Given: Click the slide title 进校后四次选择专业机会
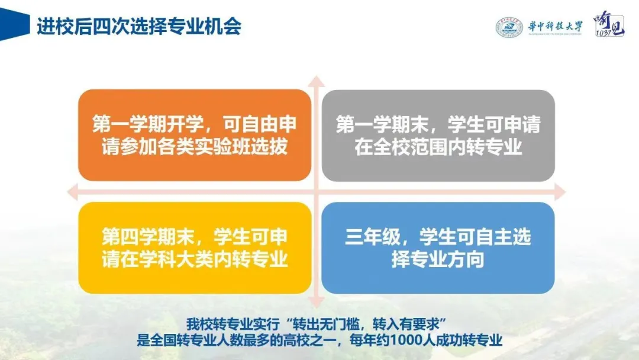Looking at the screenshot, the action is click(139, 27).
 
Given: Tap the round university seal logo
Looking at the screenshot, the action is click(509, 28).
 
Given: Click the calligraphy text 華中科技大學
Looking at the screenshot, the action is click(556, 27).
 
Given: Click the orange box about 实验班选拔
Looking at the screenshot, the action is click(195, 136).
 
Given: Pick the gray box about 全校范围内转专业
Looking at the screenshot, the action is click(438, 136).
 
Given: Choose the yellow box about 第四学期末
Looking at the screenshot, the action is click(195, 248).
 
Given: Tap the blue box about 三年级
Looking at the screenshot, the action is click(438, 248).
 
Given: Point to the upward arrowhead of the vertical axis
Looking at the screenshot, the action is click(316, 81).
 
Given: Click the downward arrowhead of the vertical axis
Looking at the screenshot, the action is click(316, 302).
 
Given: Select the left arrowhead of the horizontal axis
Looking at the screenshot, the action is click(73, 192).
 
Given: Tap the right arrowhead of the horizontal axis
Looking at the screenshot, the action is click(560, 192).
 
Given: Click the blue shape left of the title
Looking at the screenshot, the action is click(14, 24).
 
